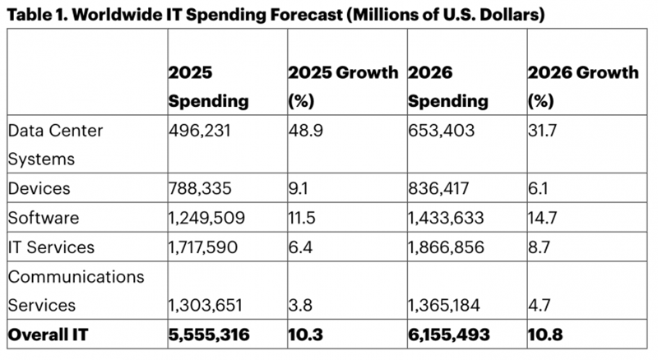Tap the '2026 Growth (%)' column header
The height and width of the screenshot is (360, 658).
(582, 86)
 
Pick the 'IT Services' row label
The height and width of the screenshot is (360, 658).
(50, 247)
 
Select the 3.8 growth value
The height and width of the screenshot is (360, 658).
(298, 305)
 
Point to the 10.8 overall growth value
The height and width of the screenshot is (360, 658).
(544, 334)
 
